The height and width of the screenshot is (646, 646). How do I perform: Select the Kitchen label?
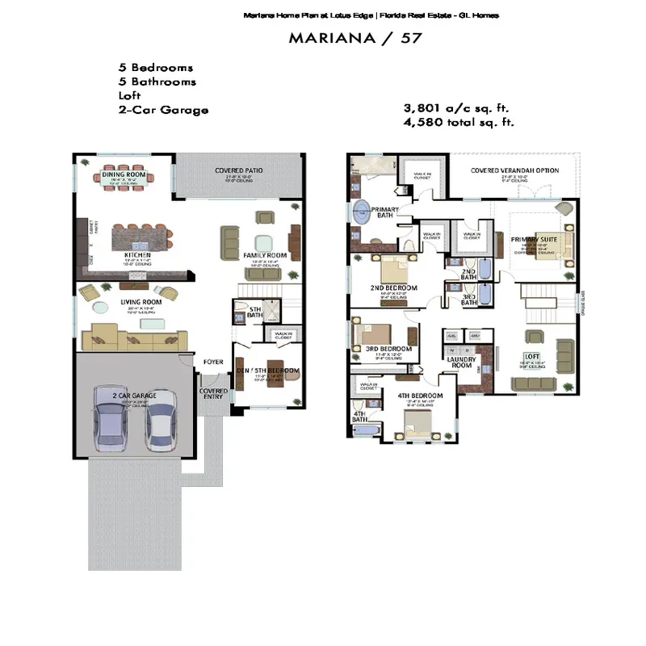[x=132, y=254]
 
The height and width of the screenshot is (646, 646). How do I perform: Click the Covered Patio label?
[x=238, y=170]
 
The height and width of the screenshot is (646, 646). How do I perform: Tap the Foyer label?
[x=213, y=362]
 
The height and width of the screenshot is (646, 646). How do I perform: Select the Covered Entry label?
[x=214, y=394]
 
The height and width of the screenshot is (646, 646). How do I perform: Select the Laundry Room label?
[x=460, y=363]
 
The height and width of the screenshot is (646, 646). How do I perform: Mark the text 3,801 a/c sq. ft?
[x=456, y=108]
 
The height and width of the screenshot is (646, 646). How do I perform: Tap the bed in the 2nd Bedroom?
[x=393, y=267]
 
